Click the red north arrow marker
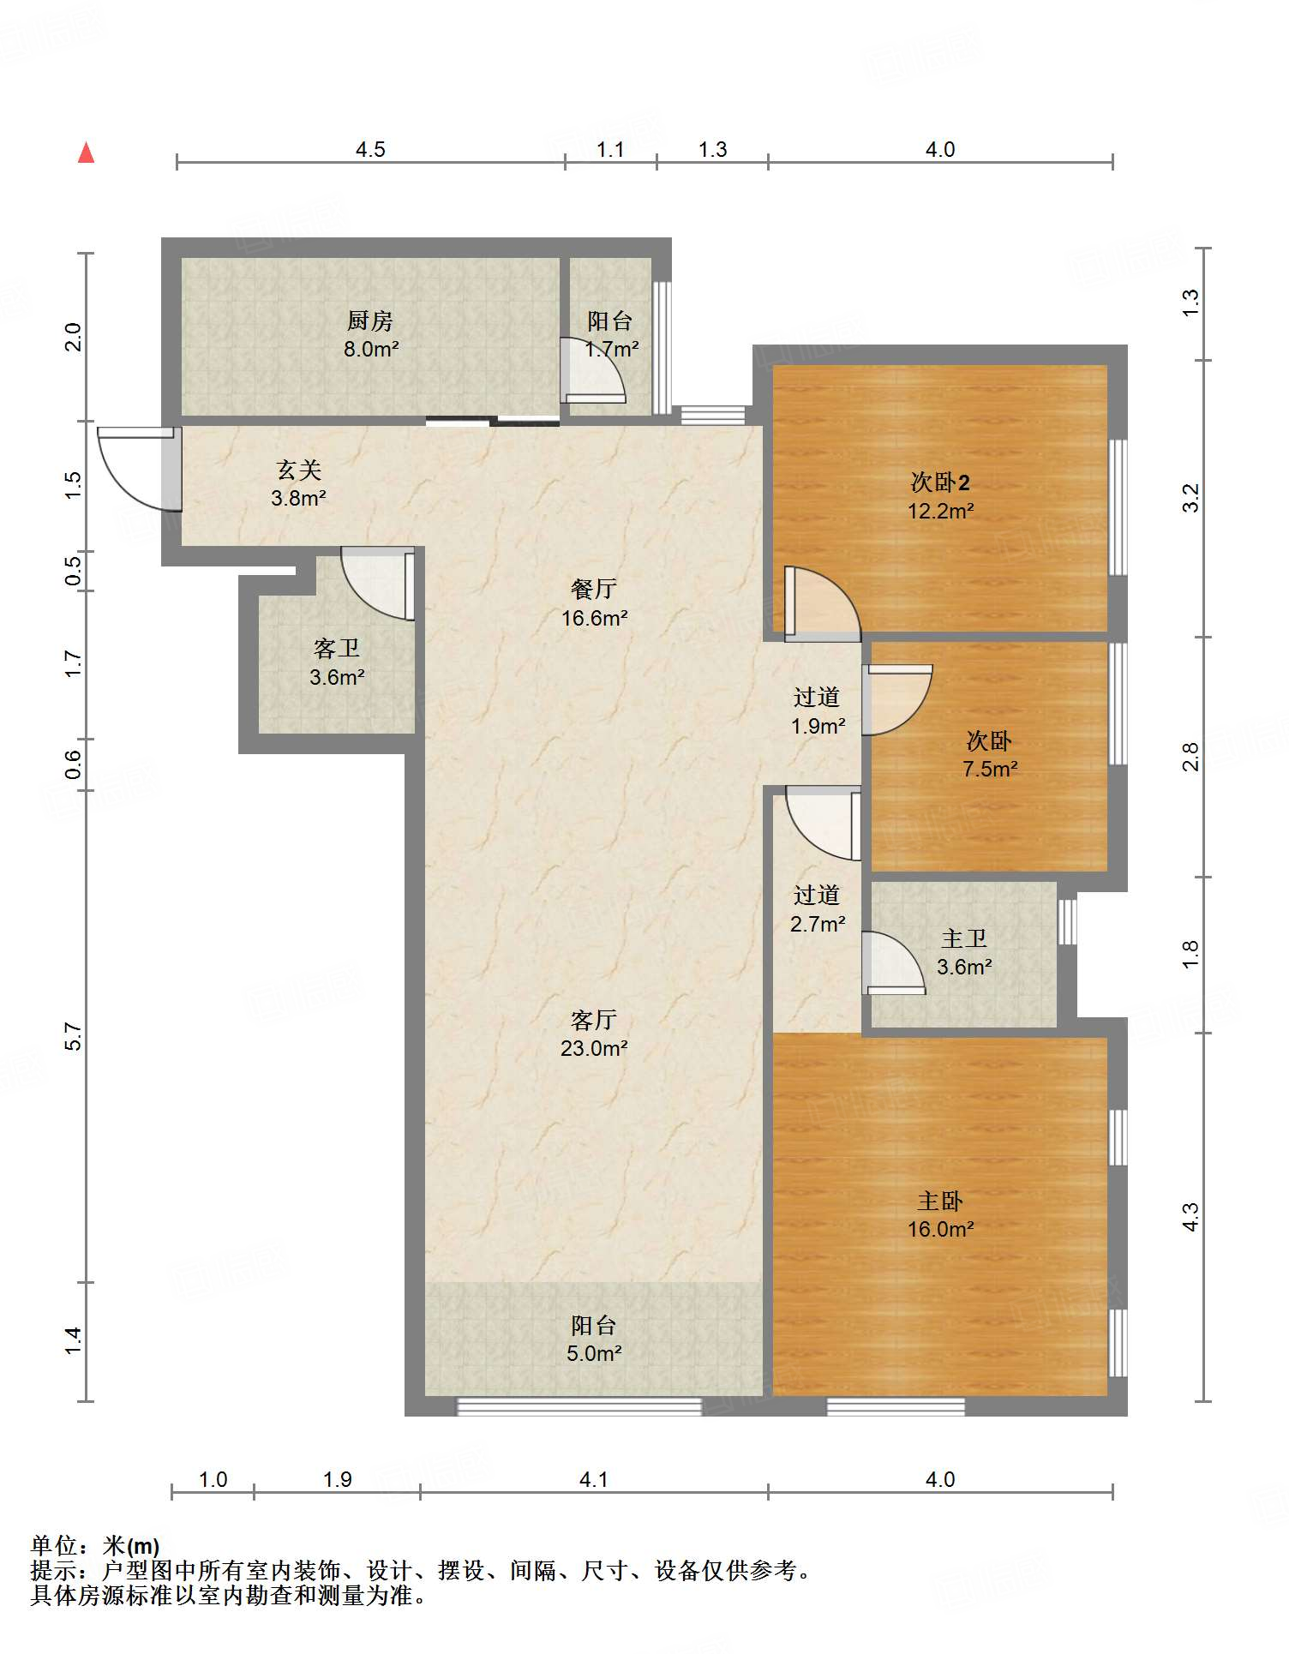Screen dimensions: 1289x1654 click(86, 153)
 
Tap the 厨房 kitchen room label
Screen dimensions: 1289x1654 click(370, 321)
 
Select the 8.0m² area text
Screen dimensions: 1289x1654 click(371, 349)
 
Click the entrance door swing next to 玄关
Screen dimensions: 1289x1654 click(137, 469)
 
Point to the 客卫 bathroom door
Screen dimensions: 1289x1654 click(378, 583)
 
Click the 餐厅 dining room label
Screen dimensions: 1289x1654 click(594, 590)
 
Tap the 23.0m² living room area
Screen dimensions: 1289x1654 click(594, 1048)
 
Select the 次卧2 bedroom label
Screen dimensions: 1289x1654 click(940, 482)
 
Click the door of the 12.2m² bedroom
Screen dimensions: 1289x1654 click(822, 604)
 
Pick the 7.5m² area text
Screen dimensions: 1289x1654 click(990, 769)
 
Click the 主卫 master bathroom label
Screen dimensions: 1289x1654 click(964, 939)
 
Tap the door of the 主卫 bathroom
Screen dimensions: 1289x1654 click(894, 962)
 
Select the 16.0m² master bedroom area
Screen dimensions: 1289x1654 click(940, 1229)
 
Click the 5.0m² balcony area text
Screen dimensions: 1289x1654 click(594, 1353)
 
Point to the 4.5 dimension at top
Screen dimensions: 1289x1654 click(370, 150)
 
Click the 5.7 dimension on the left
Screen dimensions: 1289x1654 click(74, 1036)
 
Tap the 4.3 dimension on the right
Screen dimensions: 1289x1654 click(1190, 1217)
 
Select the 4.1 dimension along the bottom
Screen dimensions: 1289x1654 click(593, 1479)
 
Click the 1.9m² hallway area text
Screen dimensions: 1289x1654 click(818, 726)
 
